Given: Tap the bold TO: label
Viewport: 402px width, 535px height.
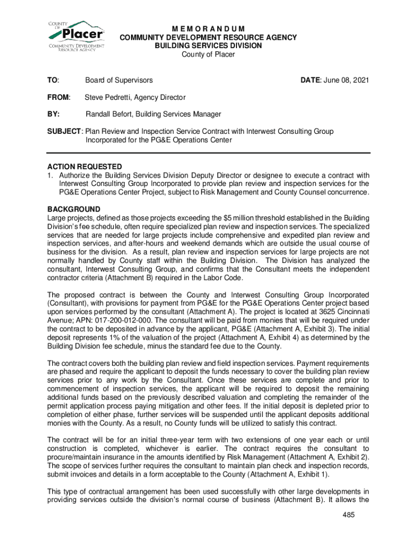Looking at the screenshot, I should [53, 80].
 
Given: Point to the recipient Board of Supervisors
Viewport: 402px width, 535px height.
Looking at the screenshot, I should [119, 80].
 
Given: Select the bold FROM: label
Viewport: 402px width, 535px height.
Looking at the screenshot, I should [58, 97].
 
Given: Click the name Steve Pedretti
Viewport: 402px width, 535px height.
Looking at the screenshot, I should [109, 97].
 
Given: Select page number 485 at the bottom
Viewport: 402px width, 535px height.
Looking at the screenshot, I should [349, 515].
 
